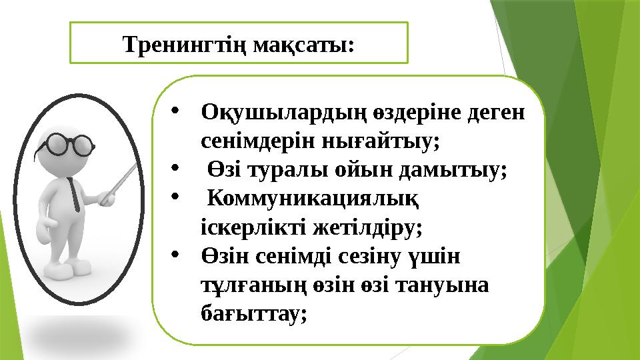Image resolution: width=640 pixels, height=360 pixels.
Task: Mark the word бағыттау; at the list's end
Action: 254,313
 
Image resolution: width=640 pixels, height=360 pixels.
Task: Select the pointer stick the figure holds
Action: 121,179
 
